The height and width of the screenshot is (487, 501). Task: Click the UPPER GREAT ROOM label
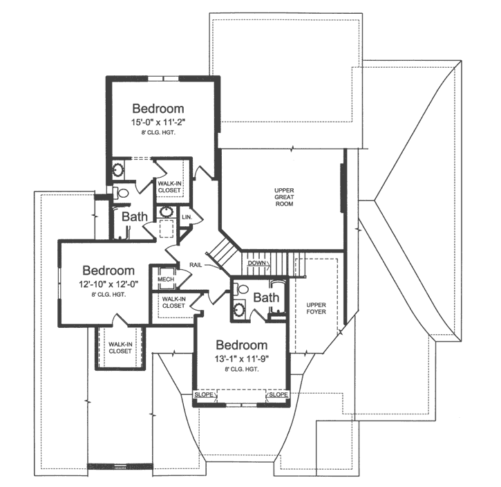coord(284,196)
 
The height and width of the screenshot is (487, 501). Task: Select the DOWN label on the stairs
coord(256,264)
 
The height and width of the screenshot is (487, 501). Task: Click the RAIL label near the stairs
coord(196,265)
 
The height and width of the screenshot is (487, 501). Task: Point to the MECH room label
coord(165,279)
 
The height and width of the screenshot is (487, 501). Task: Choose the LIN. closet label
coord(187,217)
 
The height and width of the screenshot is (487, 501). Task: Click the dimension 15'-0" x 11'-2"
coord(158,122)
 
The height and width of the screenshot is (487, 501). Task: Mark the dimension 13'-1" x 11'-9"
coord(241,358)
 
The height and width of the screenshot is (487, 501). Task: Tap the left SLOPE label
coord(204,395)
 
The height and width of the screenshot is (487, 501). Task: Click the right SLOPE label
coord(278,395)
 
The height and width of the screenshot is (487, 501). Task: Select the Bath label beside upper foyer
coord(266,298)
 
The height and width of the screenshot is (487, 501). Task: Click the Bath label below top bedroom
coord(135,217)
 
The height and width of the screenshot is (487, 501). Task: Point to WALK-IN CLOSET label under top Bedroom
coord(170,187)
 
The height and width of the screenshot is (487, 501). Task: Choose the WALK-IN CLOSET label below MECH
coord(173,302)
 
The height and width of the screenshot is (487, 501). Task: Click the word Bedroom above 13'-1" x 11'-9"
coord(241,345)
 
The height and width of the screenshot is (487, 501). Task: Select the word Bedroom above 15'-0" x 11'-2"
coord(158,109)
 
